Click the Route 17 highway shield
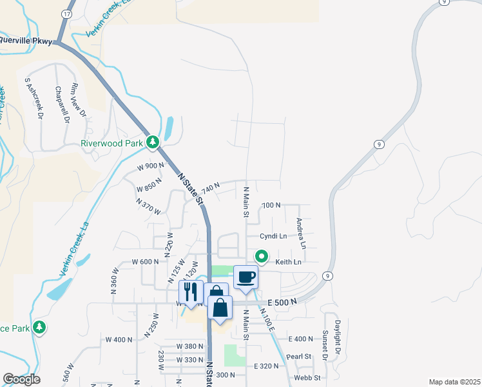67,14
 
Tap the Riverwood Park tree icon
153,142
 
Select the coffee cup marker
246,277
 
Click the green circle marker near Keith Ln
262,256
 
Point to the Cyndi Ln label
273,236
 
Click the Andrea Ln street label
300,233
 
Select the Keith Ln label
288,262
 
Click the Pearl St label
299,356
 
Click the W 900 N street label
151,166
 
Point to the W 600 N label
145,262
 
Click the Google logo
21,379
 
